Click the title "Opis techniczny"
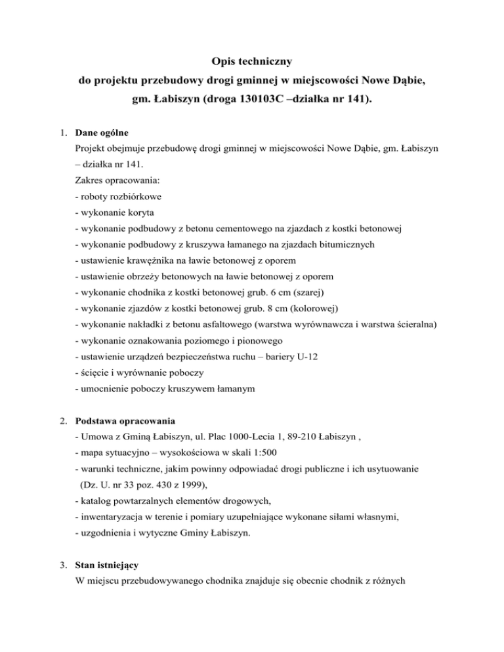coord(252,62)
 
